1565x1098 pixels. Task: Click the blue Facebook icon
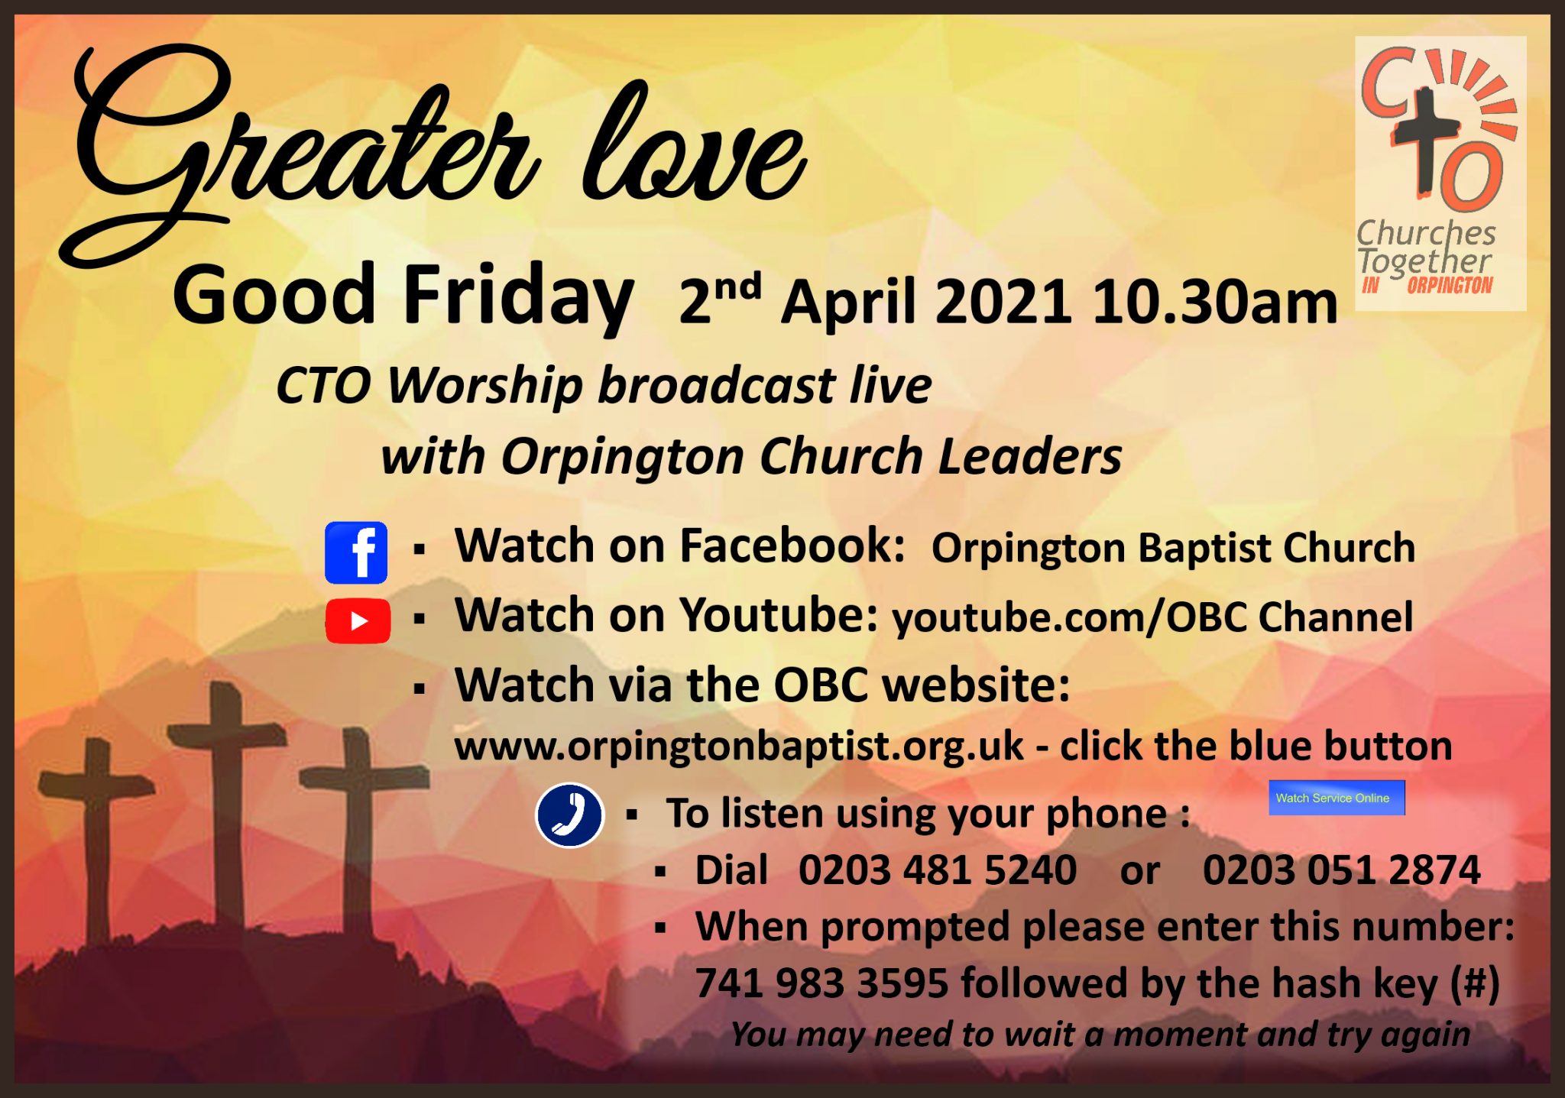pos(356,552)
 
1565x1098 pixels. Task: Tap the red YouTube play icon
pos(358,620)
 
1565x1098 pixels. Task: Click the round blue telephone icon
pos(569,815)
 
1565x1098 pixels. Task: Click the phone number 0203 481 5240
pos(938,870)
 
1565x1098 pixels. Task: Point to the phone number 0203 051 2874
pos(1341,870)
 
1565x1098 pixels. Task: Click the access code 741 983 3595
pos(821,983)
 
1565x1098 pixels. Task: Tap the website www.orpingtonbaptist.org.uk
pos(738,746)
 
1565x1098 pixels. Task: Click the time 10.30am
pos(1215,303)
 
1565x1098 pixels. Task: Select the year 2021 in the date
pos(1003,303)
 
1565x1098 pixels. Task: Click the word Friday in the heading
pos(517,295)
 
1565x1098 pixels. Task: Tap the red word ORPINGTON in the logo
pos(1449,286)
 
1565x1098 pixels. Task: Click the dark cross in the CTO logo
pos(1426,138)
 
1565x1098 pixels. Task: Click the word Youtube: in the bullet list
pos(779,615)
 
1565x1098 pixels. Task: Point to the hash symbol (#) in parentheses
pos(1475,983)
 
